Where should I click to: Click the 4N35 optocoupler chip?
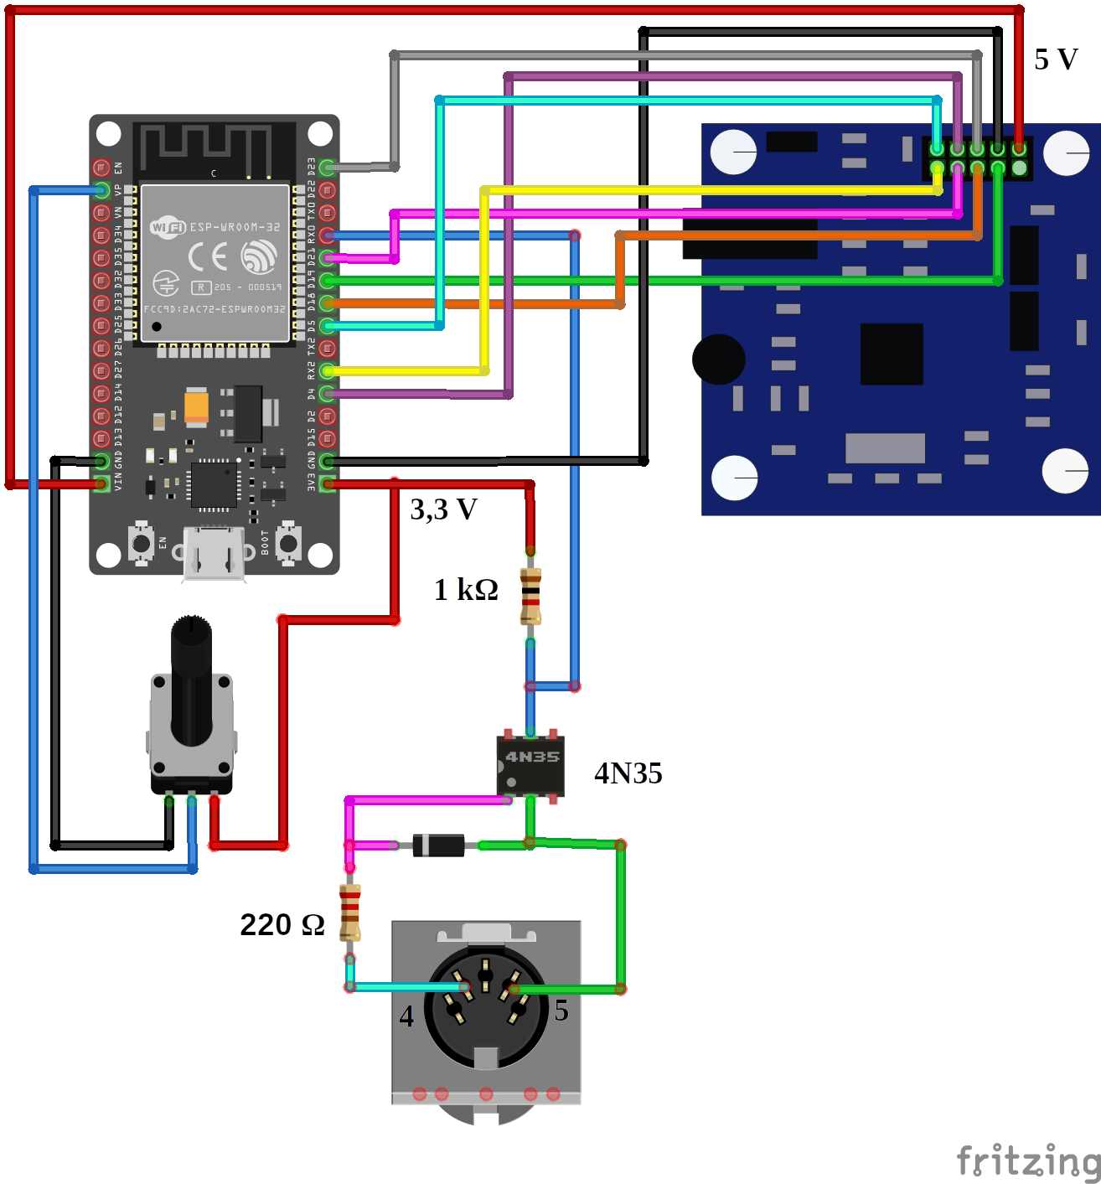(530, 765)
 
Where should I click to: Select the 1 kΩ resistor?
(530, 596)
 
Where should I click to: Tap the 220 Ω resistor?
(349, 913)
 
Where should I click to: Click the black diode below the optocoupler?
(438, 845)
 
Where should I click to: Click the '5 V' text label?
(1055, 59)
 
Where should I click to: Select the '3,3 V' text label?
(443, 509)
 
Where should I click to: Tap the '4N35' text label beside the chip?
(628, 773)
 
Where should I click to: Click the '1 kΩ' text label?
(466, 590)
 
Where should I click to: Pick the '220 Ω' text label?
(282, 924)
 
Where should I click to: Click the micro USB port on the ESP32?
(214, 553)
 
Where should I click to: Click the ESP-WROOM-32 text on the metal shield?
(235, 227)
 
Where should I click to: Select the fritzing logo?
(1027, 1161)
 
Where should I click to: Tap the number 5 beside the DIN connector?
(561, 1011)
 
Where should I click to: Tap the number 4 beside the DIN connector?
(406, 1016)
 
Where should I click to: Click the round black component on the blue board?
(718, 359)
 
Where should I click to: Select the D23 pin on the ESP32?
(328, 168)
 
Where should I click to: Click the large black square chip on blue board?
(892, 354)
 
